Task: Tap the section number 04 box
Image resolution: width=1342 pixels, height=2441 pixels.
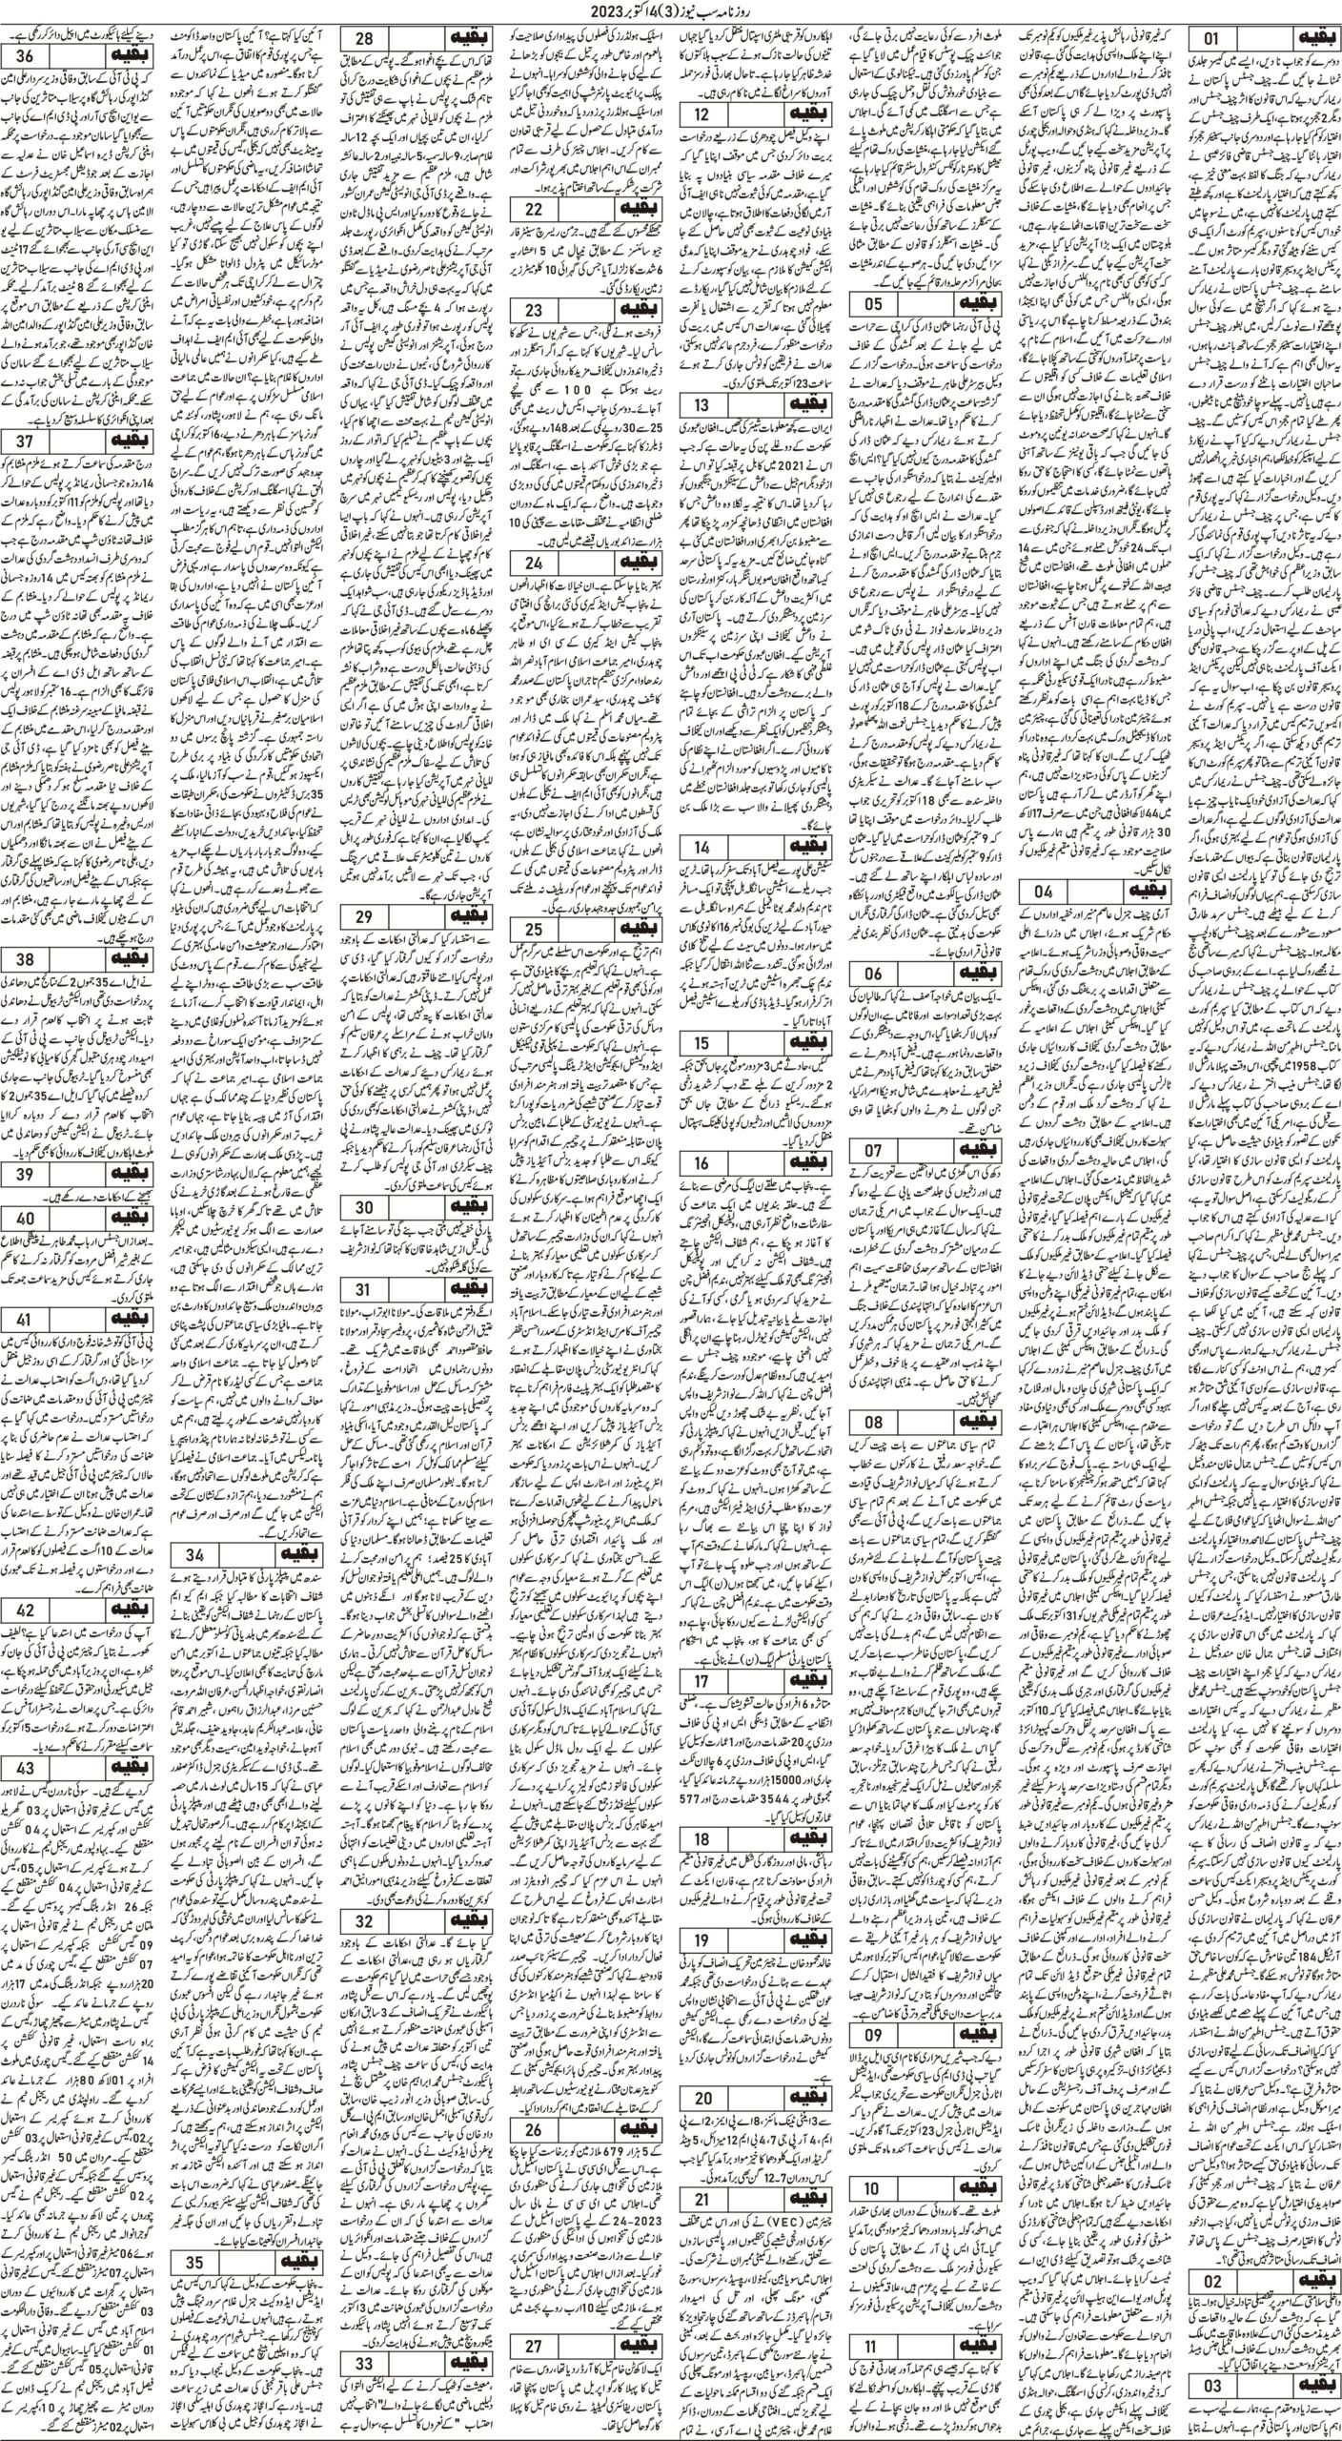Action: click(x=1039, y=892)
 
